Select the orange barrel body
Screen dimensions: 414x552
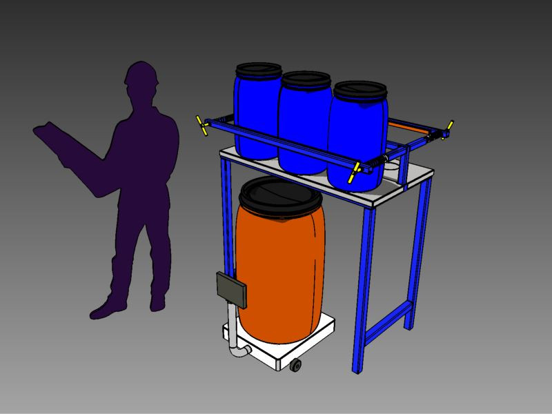click(280, 269)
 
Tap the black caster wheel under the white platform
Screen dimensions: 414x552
click(295, 365)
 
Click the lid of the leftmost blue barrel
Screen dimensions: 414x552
click(259, 70)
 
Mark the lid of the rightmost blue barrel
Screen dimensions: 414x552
click(360, 90)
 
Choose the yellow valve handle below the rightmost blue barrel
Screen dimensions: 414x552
click(355, 173)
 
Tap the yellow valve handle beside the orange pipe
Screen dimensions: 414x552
click(448, 128)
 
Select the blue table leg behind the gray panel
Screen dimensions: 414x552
click(224, 221)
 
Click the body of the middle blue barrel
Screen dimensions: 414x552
click(304, 131)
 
